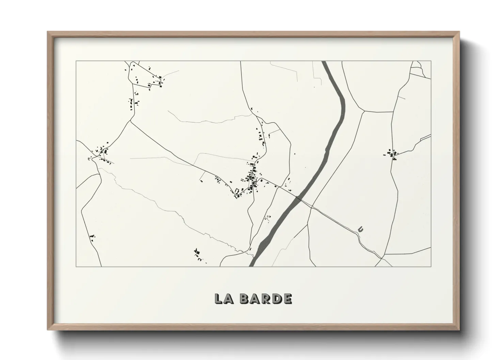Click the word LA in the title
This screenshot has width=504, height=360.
[x=223, y=298]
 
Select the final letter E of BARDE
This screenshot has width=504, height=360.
[x=287, y=298]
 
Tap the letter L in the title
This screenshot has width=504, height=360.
[x=218, y=298]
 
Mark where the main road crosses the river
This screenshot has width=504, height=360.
[x=299, y=198]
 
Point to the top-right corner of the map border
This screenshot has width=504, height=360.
[x=431, y=61]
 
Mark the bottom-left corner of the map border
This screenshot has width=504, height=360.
[x=76, y=266]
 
